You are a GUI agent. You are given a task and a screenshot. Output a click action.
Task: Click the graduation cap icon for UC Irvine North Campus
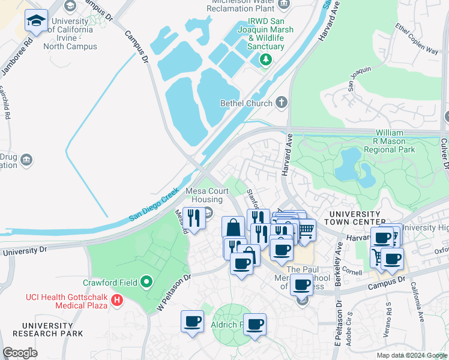click(x=37, y=21)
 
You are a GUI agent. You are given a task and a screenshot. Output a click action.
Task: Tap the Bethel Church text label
click(x=247, y=103)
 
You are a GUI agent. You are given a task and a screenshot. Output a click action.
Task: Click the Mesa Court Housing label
click(x=196, y=196)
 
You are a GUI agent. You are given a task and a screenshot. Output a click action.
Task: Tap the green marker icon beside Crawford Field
click(x=145, y=282)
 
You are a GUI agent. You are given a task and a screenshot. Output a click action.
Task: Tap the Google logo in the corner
click(x=20, y=353)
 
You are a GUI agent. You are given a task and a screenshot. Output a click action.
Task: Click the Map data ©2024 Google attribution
click(x=411, y=355)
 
